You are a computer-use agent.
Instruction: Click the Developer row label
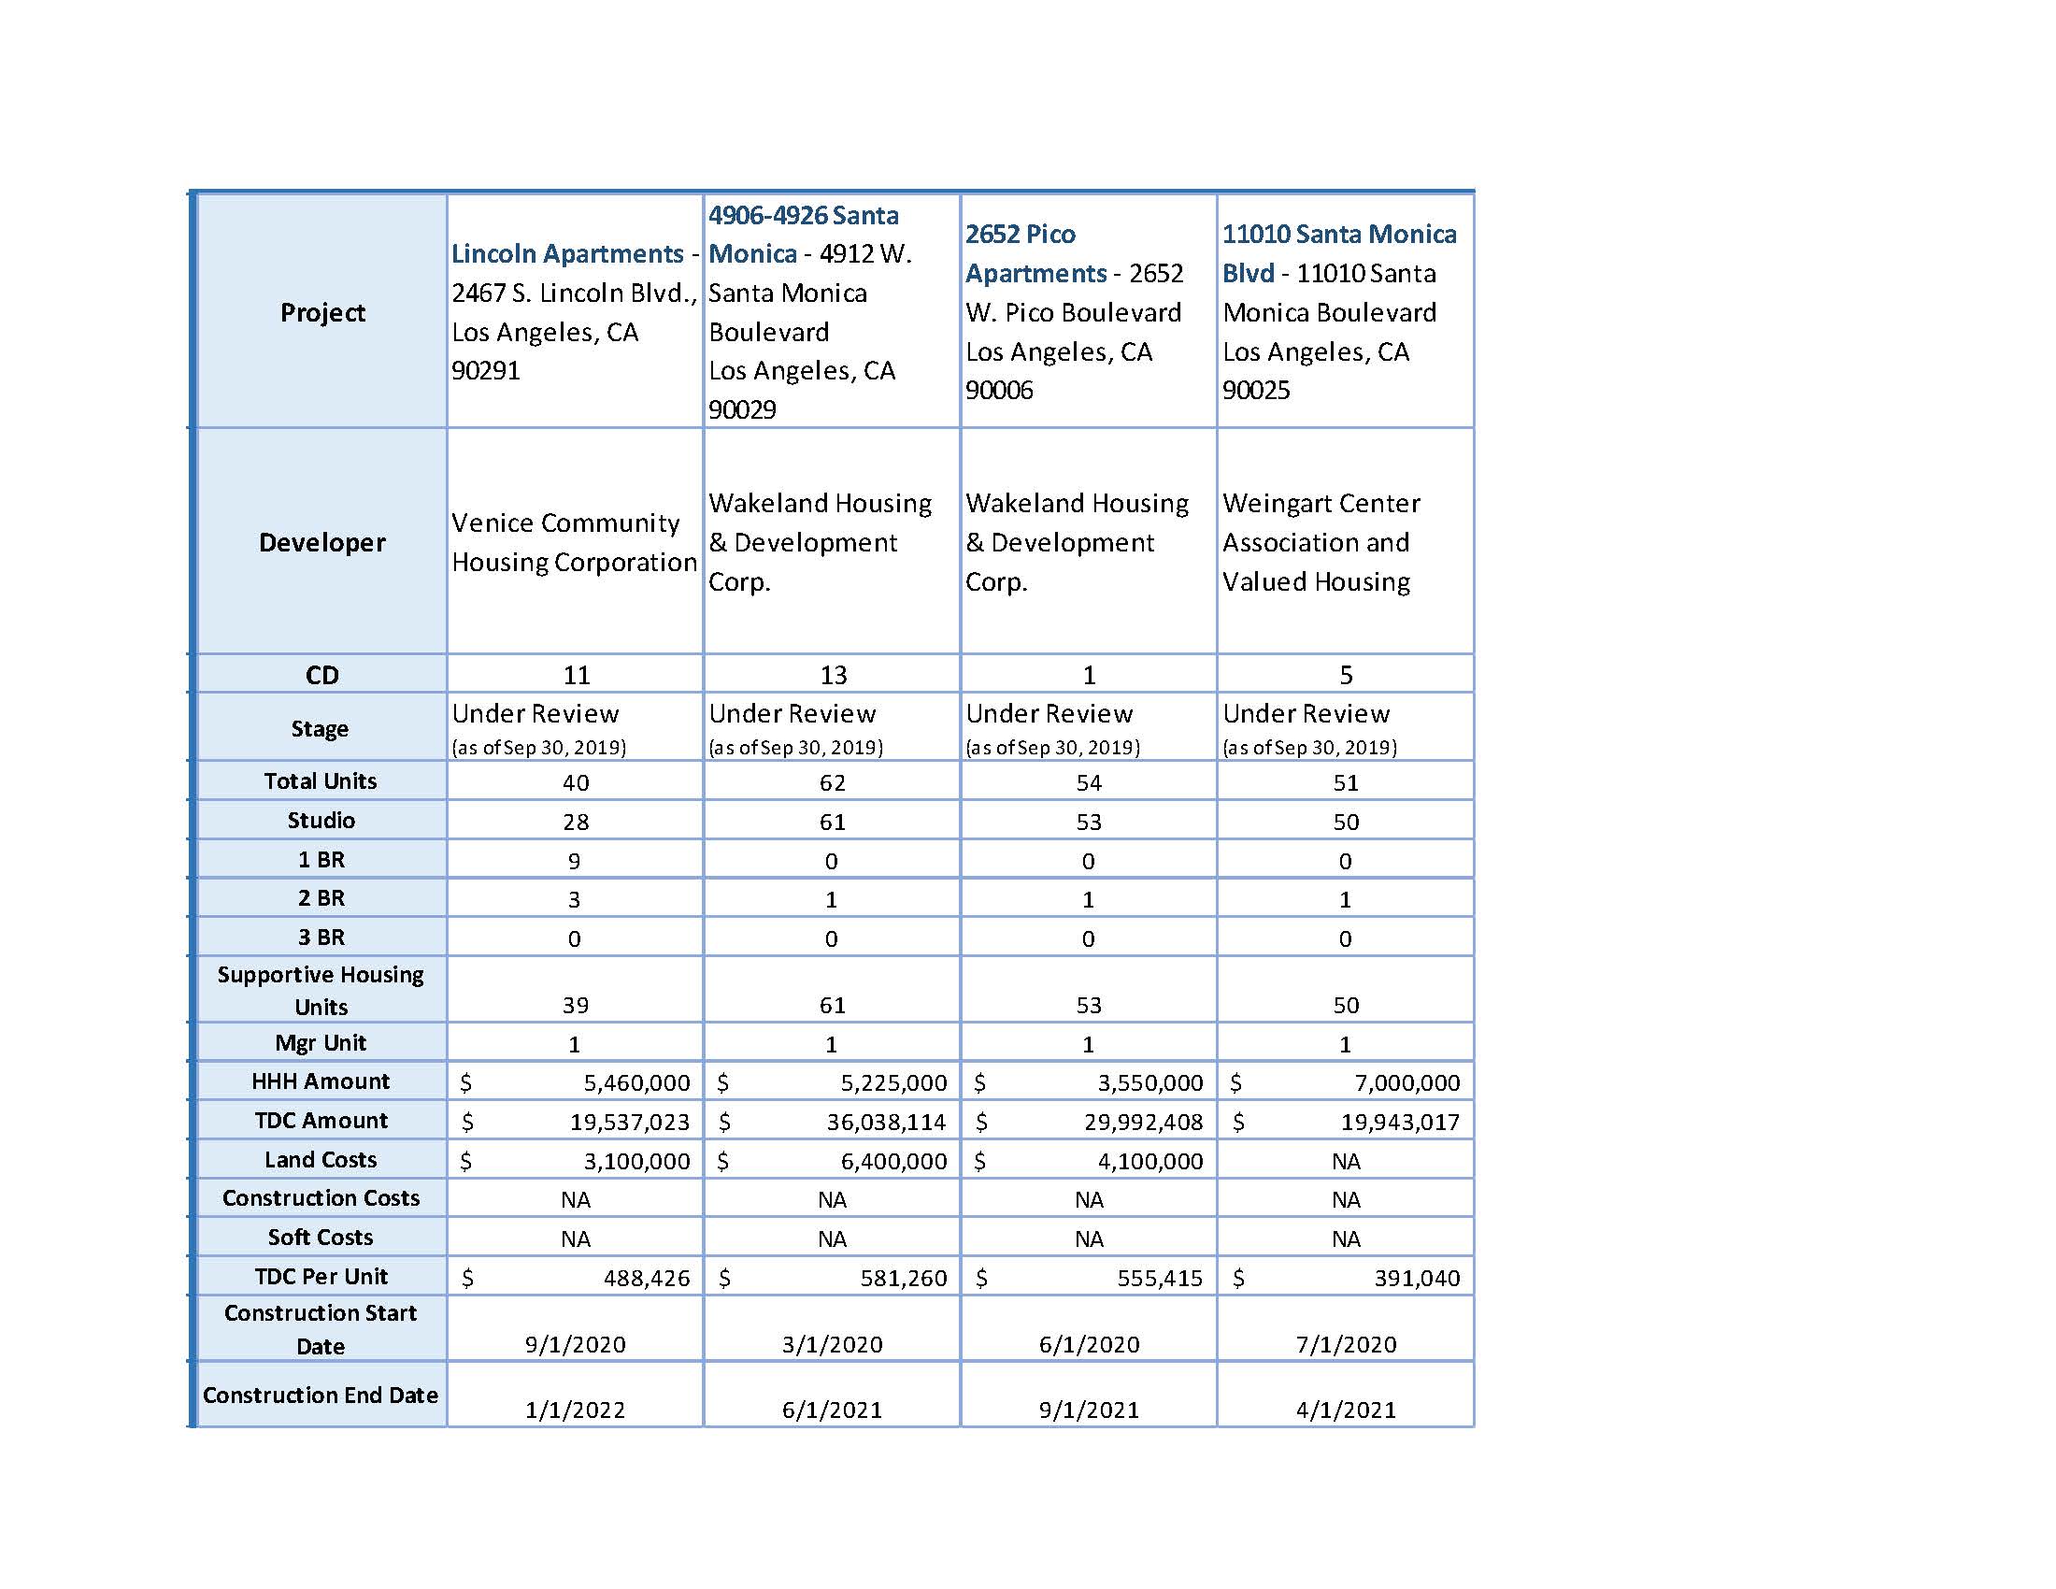(x=322, y=542)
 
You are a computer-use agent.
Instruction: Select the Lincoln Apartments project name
(x=566, y=253)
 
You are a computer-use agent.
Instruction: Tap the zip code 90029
(x=742, y=409)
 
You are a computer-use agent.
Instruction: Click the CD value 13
(x=832, y=675)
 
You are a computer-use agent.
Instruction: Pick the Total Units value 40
(x=575, y=782)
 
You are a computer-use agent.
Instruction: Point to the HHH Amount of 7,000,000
(x=1406, y=1082)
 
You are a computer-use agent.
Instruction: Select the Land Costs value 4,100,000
(x=1149, y=1161)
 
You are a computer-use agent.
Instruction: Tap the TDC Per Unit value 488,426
(x=646, y=1278)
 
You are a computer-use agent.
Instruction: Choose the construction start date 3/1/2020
(x=832, y=1344)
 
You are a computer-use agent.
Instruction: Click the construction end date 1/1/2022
(x=575, y=1410)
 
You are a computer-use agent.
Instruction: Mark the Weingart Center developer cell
(x=1320, y=542)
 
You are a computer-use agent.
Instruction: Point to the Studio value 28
(x=575, y=822)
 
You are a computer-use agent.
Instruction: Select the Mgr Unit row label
(x=320, y=1043)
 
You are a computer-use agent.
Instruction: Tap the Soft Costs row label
(x=320, y=1237)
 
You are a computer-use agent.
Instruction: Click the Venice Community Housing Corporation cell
(x=573, y=542)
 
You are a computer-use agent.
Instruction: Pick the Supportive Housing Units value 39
(x=575, y=1006)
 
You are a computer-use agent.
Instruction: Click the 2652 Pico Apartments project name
(x=1035, y=253)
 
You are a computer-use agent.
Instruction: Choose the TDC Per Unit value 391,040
(x=1417, y=1278)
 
